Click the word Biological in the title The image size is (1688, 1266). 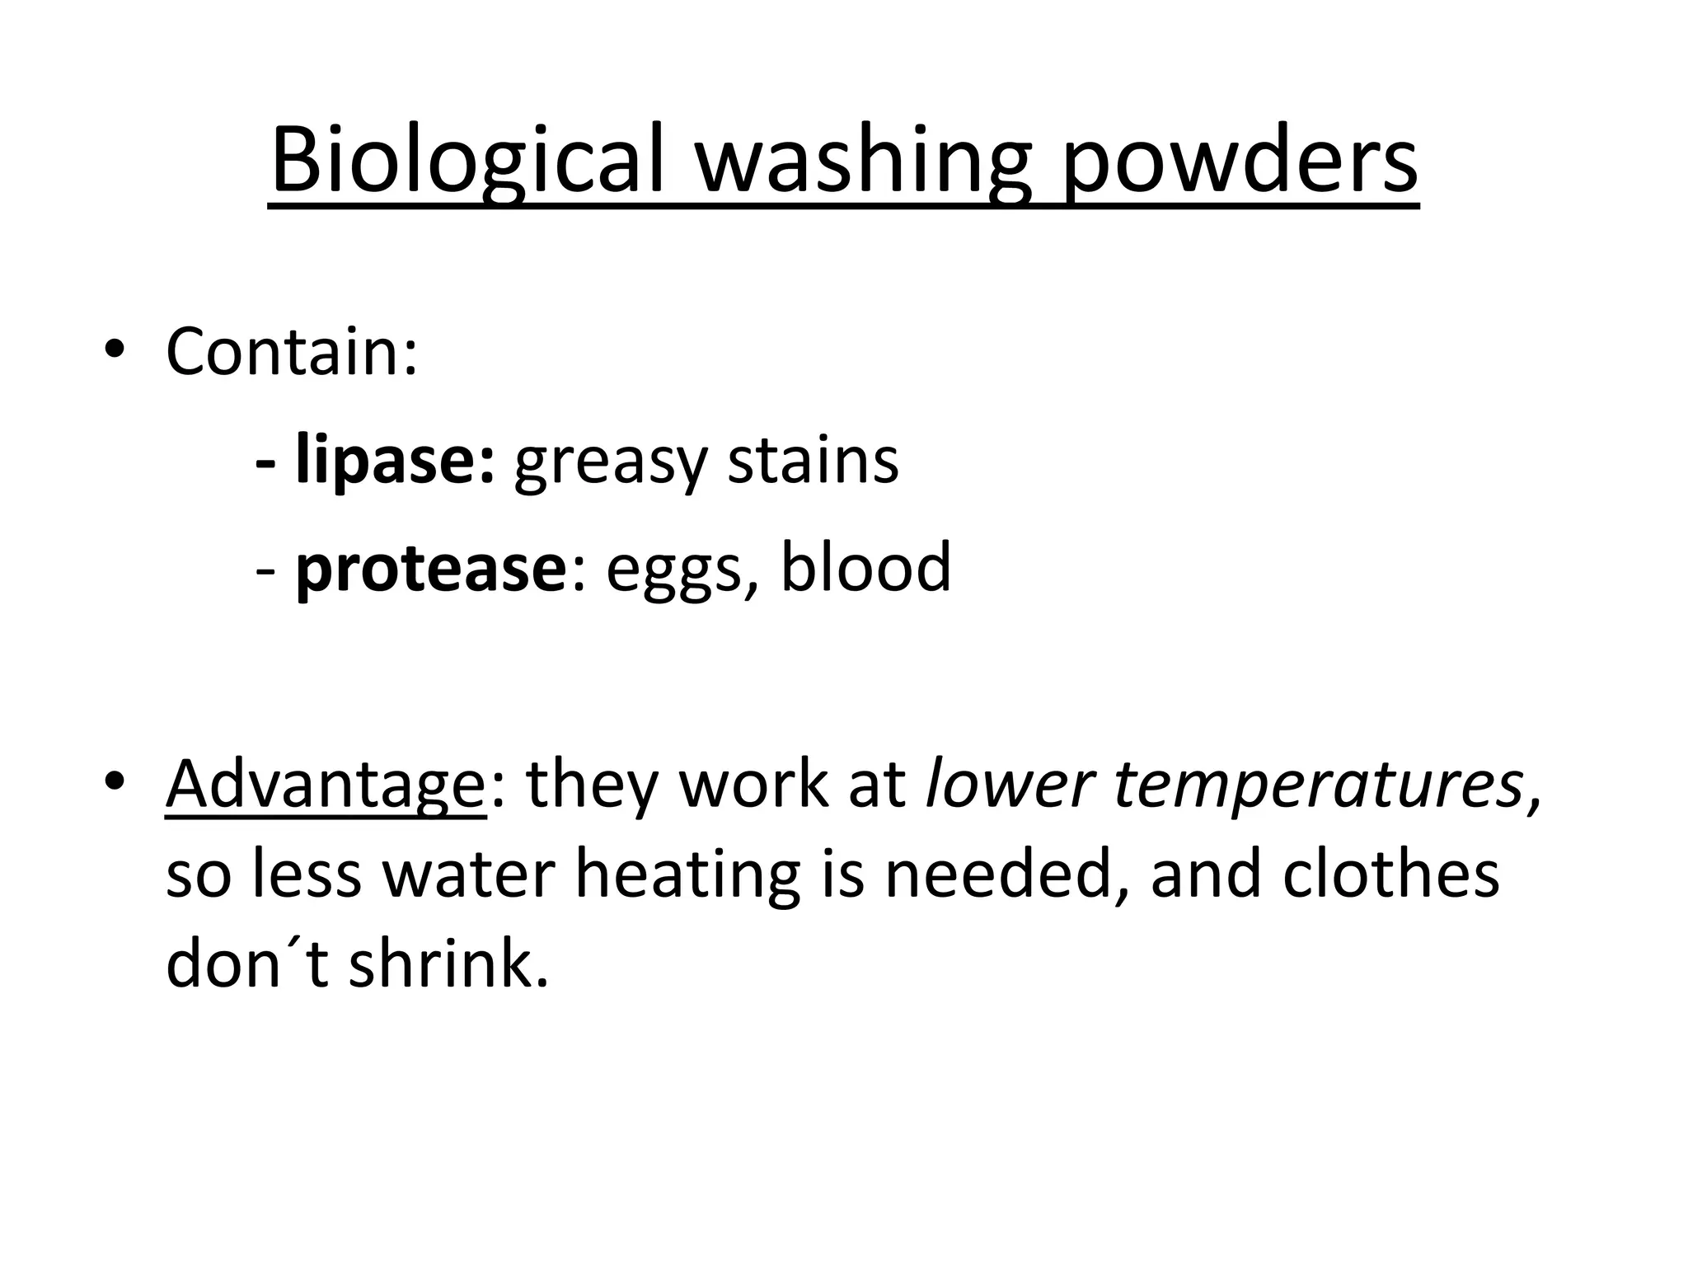(466, 161)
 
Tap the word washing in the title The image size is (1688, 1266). (863, 161)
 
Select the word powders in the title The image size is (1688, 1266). (1239, 161)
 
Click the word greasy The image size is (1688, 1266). (609, 462)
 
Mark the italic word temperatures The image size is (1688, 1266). (1318, 785)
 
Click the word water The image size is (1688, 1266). (468, 875)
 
